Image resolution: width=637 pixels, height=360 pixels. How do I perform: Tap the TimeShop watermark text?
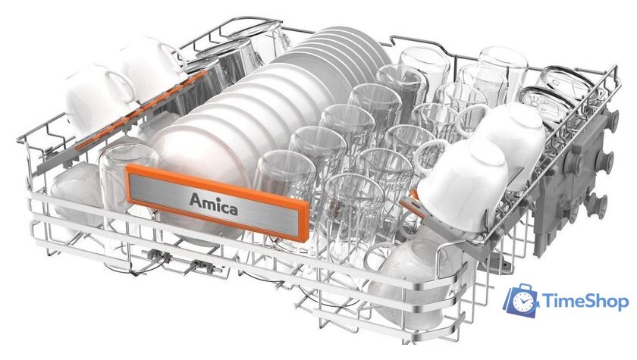pyautogui.click(x=585, y=302)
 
